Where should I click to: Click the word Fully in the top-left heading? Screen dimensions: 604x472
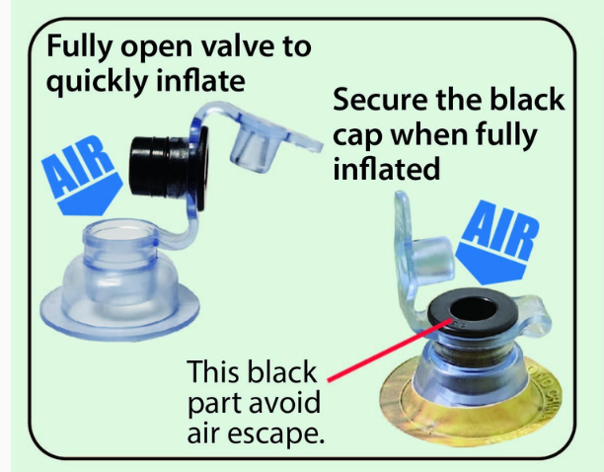(79, 46)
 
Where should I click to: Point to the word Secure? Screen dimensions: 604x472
(381, 100)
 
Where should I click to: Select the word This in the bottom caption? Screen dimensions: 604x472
(212, 371)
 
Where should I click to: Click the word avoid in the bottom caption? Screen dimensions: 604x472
(285, 402)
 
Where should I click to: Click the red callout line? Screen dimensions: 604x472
(390, 350)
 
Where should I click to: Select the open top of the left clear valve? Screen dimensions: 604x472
(120, 233)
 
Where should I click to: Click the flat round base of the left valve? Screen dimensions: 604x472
(119, 313)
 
